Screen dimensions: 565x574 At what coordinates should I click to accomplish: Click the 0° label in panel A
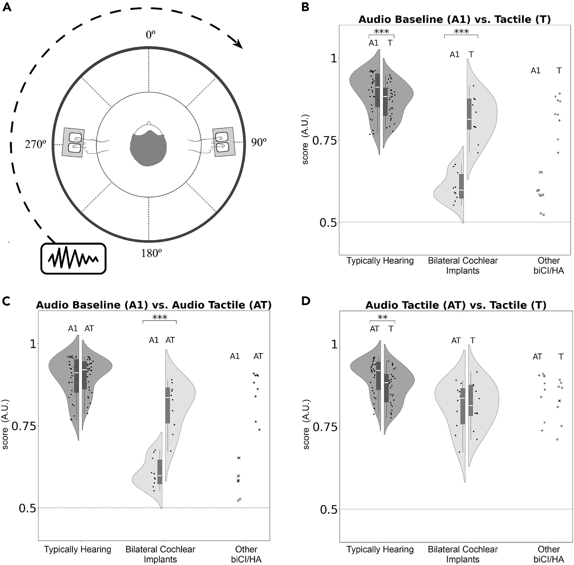pyautogui.click(x=150, y=35)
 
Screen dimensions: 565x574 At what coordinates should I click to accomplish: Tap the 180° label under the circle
pyautogui.click(x=151, y=254)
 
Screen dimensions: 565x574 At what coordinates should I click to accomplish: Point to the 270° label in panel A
pyautogui.click(x=36, y=144)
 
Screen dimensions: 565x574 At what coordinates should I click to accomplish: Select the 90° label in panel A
pyautogui.click(x=259, y=142)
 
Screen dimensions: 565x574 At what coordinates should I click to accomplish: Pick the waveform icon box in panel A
pyautogui.click(x=74, y=259)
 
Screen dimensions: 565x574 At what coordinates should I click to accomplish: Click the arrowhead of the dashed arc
pyautogui.click(x=238, y=44)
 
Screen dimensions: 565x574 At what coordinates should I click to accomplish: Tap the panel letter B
pyautogui.click(x=305, y=7)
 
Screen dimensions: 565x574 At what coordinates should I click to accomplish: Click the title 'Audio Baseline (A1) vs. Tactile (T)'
pyautogui.click(x=455, y=19)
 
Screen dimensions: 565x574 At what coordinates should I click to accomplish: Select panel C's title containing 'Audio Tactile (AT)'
pyautogui.click(x=154, y=305)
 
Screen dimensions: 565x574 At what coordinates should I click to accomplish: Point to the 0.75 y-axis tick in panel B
pyautogui.click(x=325, y=140)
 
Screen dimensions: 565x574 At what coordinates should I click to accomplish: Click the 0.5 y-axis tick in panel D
pyautogui.click(x=329, y=509)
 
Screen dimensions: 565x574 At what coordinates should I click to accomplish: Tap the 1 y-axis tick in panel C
pyautogui.click(x=33, y=344)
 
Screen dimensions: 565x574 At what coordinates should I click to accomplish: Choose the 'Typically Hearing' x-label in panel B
pyautogui.click(x=380, y=261)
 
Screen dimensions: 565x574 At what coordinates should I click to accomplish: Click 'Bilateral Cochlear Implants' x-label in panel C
pyautogui.click(x=160, y=554)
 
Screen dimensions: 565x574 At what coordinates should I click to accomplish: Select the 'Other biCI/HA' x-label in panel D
pyautogui.click(x=549, y=554)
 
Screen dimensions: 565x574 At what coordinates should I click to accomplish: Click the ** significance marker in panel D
pyautogui.click(x=383, y=317)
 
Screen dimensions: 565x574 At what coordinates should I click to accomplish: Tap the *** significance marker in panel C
pyautogui.click(x=160, y=317)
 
